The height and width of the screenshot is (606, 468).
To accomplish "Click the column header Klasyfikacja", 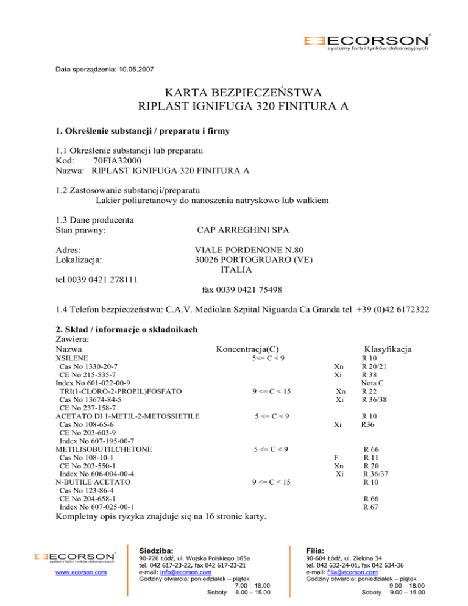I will tap(386, 349).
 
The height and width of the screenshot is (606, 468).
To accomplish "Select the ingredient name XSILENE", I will tap(71, 358).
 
